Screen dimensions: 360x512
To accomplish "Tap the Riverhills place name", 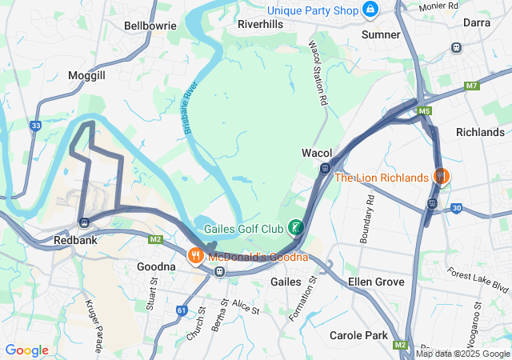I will coord(260,24).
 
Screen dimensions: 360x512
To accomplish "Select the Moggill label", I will coord(87,74).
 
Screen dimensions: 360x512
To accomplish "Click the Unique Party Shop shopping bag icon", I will coord(370,10).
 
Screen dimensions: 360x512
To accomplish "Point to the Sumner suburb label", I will coord(381,34).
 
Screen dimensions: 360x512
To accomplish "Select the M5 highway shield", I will coord(424,110).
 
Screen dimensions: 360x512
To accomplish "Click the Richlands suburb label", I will coord(480,132).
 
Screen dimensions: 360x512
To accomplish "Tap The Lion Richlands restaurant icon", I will coord(439,176).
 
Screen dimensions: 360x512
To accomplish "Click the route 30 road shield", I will coord(456,208).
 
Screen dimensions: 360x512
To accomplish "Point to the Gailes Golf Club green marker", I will coord(296,228).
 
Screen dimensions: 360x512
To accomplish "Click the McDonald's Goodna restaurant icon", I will coord(195,256).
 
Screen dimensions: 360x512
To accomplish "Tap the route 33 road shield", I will coord(35,126).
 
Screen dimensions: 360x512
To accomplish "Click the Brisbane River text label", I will coord(190,110).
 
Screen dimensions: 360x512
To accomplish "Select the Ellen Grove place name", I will coord(376,282).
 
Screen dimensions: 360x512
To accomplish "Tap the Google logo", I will coord(26,350).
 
